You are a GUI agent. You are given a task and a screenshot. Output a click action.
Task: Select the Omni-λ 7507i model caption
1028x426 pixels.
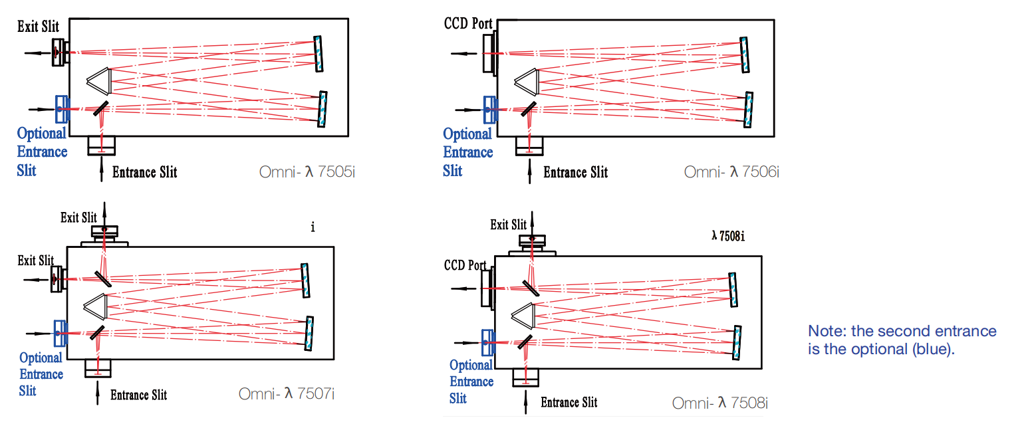[287, 394]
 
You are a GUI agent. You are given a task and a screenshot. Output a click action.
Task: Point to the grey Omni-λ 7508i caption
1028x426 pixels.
[720, 403]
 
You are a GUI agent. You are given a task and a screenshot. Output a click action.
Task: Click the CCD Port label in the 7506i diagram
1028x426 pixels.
[468, 25]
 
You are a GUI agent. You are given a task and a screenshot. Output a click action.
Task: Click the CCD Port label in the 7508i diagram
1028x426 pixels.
[465, 265]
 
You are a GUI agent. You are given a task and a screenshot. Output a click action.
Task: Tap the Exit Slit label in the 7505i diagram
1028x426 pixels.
[39, 27]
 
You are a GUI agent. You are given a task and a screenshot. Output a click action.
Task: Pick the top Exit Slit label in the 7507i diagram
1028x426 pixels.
[78, 217]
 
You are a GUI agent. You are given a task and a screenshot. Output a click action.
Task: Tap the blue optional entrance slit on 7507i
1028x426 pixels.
[60, 332]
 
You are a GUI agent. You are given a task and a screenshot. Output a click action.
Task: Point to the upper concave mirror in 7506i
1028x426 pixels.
[744, 54]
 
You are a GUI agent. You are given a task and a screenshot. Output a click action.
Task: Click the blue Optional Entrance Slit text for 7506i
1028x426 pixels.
[468, 152]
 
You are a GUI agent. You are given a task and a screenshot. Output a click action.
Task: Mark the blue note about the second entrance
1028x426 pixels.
[902, 340]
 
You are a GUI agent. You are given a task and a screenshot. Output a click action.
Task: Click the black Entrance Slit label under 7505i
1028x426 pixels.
[144, 173]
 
